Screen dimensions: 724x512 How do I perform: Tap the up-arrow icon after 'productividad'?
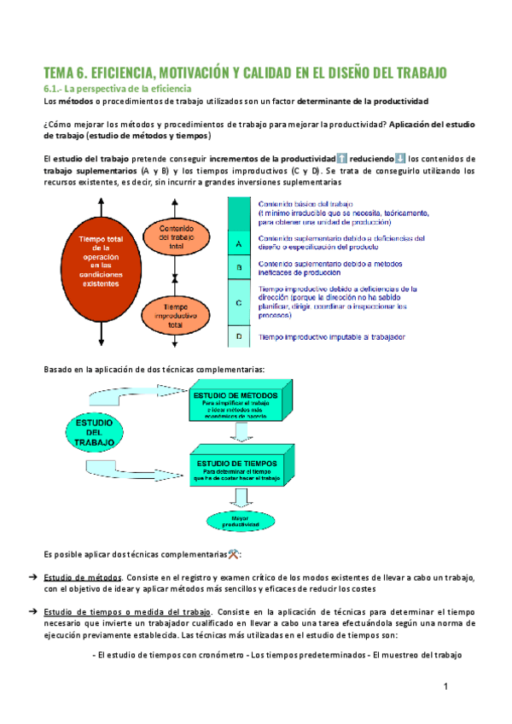click(x=341, y=158)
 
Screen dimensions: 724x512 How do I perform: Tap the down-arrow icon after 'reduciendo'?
click(x=401, y=158)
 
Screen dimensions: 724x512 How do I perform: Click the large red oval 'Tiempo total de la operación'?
click(x=102, y=261)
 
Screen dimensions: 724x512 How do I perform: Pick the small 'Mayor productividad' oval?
click(x=236, y=519)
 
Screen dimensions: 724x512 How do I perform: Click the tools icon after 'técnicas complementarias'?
click(x=235, y=554)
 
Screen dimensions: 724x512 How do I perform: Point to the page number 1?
click(x=445, y=687)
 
